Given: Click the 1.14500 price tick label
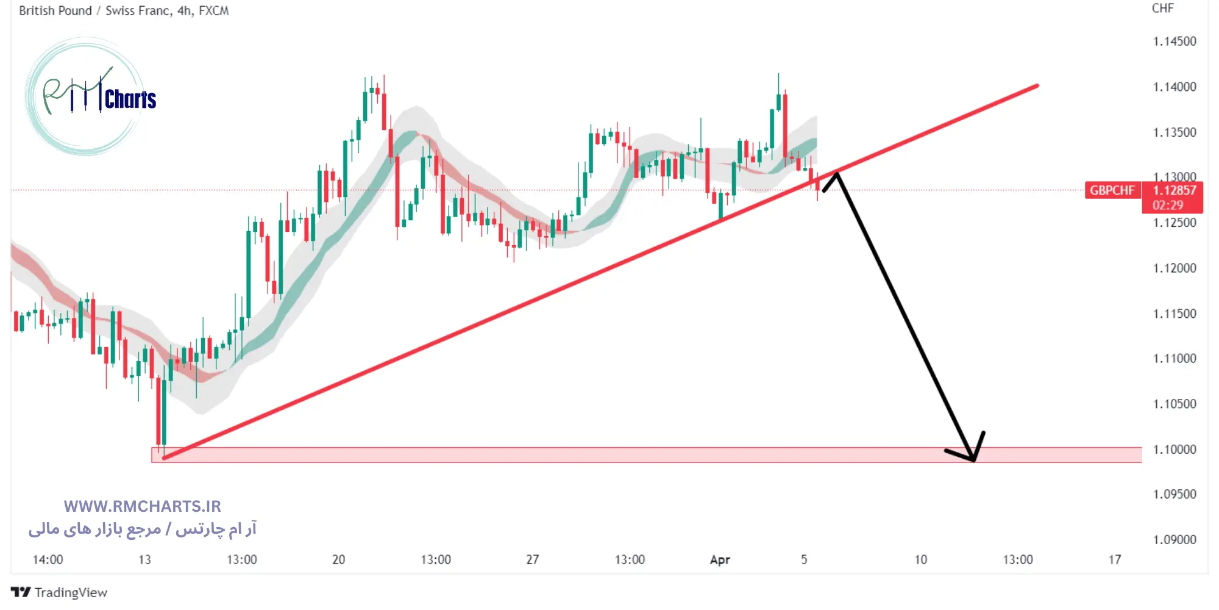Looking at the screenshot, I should click(x=1174, y=41).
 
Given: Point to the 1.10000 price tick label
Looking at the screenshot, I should click(x=1174, y=450).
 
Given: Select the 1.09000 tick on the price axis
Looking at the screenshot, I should click(x=1174, y=540).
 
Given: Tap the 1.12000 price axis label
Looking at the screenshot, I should click(x=1174, y=268).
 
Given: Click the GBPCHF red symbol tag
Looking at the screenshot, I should click(x=1112, y=190).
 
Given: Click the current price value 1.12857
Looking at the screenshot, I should click(x=1173, y=190).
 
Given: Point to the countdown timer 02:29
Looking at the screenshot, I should click(x=1167, y=206).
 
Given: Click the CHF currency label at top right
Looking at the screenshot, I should click(x=1162, y=9).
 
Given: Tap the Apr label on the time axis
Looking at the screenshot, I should click(x=720, y=560).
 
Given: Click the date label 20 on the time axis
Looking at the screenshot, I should click(x=338, y=560).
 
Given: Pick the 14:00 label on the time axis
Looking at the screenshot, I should click(x=48, y=560).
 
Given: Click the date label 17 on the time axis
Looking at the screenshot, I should click(x=1114, y=560).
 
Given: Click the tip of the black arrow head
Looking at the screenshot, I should click(x=974, y=461).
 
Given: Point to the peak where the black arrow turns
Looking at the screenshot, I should click(x=837, y=174).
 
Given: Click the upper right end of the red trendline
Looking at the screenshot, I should click(x=1037, y=86).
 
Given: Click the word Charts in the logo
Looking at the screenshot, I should click(x=130, y=99).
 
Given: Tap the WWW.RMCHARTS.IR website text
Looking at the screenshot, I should click(x=142, y=506).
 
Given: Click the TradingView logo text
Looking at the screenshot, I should click(x=70, y=592).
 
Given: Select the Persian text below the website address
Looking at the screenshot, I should click(x=142, y=529).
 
